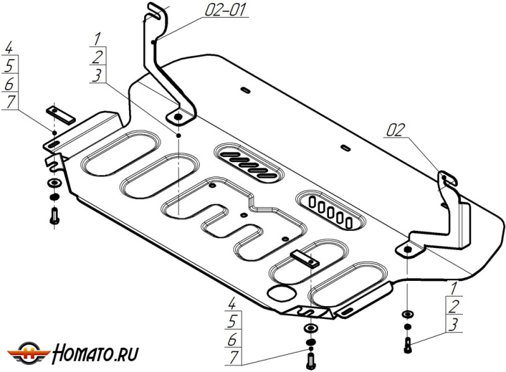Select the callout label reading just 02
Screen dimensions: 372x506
pos(393,130)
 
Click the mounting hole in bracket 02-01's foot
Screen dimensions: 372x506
pos(178,118)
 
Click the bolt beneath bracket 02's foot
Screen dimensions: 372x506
pos(407,345)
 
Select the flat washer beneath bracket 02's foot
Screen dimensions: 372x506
pos(407,314)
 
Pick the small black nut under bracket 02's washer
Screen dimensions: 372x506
pos(407,326)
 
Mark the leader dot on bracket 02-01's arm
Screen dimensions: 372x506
pos(155,42)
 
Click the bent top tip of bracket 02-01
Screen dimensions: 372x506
pos(154,9)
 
